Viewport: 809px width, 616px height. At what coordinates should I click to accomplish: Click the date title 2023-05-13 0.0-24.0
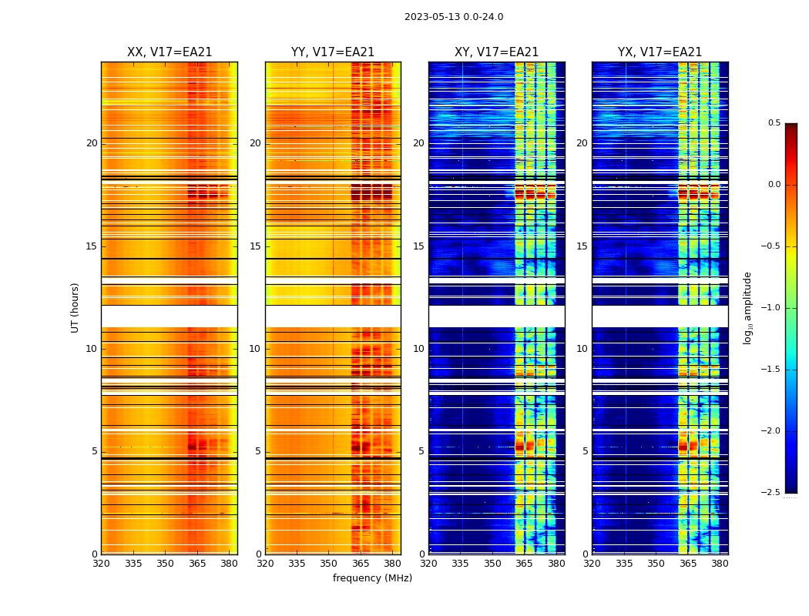point(454,17)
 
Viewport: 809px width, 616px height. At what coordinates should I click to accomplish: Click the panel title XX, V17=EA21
point(170,52)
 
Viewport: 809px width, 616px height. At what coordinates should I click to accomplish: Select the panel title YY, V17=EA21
point(333,52)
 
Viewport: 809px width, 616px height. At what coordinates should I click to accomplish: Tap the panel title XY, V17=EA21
point(497,52)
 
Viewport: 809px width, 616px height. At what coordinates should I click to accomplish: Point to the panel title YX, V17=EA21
point(660,52)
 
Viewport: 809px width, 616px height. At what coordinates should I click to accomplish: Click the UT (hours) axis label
point(76,307)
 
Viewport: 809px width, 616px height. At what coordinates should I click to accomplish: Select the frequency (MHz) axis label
point(372,578)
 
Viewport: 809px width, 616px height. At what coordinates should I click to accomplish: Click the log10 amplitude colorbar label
point(747,308)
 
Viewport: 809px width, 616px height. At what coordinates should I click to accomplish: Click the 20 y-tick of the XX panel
point(92,143)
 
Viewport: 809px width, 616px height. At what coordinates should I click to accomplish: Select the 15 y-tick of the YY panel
point(255,246)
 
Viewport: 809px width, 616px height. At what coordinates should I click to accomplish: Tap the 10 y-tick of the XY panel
point(418,349)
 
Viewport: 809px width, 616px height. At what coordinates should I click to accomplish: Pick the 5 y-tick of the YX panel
point(585,451)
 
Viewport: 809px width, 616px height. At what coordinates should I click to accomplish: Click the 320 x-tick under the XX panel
point(101,564)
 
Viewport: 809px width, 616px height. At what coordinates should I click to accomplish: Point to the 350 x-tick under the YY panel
point(329,564)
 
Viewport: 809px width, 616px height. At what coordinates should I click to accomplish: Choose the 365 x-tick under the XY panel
point(524,564)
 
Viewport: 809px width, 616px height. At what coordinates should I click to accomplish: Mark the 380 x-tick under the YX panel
point(720,564)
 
